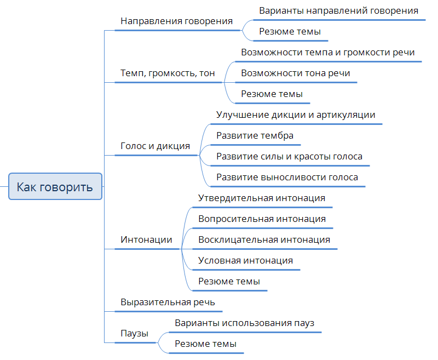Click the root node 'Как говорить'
click(55, 186)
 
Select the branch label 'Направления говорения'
click(176, 21)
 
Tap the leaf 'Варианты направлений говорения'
click(338, 11)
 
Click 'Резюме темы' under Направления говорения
click(290, 32)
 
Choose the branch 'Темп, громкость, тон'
click(168, 73)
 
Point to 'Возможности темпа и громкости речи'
click(327, 53)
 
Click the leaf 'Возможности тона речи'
click(296, 73)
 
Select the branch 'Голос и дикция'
click(155, 146)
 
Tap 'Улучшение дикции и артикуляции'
click(296, 115)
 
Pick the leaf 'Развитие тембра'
click(255, 135)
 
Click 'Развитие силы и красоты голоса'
click(290, 157)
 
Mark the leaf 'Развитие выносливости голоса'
click(287, 177)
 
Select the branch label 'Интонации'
click(146, 240)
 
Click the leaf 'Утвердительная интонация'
click(262, 198)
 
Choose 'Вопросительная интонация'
click(262, 219)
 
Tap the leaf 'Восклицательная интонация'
click(264, 240)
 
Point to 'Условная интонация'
click(245, 260)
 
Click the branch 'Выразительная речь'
click(168, 302)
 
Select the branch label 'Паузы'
click(134, 334)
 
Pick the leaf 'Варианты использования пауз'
click(245, 323)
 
